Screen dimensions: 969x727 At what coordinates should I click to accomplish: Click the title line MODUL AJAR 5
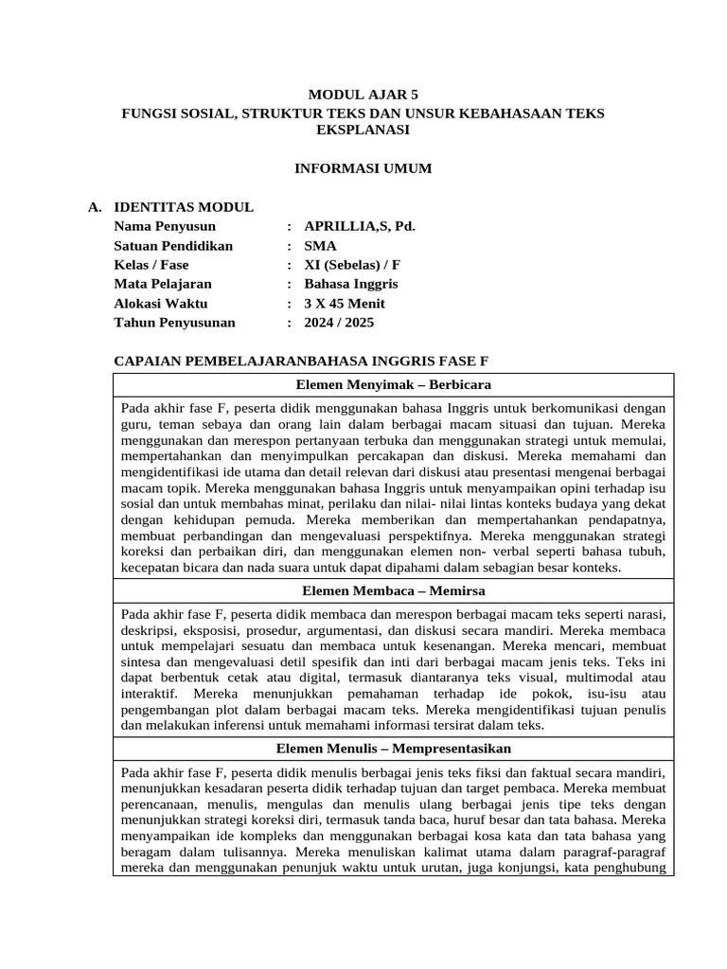[x=363, y=95]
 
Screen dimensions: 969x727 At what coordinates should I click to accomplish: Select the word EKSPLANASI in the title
[x=363, y=130]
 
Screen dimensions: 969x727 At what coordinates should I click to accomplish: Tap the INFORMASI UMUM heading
[x=363, y=168]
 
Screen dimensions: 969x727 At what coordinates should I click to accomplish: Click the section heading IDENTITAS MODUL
[x=183, y=207]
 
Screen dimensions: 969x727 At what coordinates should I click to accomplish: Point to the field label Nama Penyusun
[x=165, y=226]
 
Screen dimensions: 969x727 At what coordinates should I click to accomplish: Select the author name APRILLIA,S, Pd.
[x=360, y=226]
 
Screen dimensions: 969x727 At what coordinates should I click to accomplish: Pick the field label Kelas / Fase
[x=151, y=265]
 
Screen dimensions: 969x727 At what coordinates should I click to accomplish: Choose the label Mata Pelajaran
[x=163, y=284]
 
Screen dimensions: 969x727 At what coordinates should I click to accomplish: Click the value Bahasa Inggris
[x=351, y=284]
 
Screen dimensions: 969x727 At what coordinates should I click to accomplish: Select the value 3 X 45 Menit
[x=345, y=304]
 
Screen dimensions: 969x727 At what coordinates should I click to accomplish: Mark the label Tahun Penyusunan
[x=174, y=323]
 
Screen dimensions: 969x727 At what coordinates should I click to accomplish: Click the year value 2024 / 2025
[x=339, y=323]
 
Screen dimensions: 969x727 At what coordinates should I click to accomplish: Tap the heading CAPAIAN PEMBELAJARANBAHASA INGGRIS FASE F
[x=301, y=361]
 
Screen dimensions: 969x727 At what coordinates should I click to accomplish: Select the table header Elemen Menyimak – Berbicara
[x=393, y=384]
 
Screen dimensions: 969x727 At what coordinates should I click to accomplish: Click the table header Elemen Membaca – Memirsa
[x=393, y=590]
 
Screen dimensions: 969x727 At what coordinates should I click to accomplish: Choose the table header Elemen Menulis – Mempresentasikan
[x=393, y=748]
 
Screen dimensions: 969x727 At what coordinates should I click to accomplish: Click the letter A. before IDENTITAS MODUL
[x=93, y=207]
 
